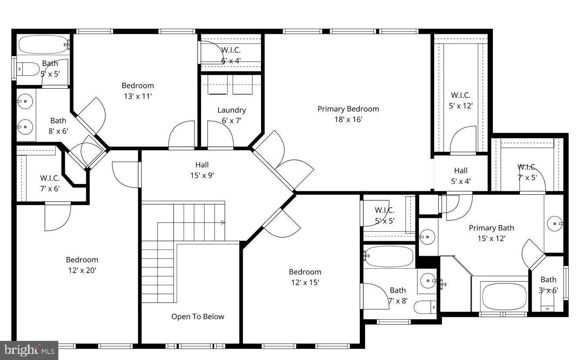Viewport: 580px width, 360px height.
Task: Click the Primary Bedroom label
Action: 348,114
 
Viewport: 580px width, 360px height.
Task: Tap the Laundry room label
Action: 231,115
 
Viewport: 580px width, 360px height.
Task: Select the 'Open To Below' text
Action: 198,317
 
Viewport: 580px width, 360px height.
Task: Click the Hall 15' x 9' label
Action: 202,170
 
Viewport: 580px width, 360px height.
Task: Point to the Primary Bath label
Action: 491,233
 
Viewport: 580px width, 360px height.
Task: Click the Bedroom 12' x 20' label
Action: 82,265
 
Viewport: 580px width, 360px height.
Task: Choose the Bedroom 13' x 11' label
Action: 137,90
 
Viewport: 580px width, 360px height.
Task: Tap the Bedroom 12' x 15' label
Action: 305,277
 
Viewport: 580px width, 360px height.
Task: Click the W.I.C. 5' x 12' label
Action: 460,100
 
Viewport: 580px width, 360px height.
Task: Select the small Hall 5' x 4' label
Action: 461,176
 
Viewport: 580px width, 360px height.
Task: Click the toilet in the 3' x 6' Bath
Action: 547,299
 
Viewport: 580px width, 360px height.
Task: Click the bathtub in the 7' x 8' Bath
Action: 389,256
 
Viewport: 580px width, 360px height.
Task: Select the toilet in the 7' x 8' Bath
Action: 425,307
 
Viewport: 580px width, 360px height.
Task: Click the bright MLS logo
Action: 29,350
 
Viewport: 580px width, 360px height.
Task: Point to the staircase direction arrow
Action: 223,223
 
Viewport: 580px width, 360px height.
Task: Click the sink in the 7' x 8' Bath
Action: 428,281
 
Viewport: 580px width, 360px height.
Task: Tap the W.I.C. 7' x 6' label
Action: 50,183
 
